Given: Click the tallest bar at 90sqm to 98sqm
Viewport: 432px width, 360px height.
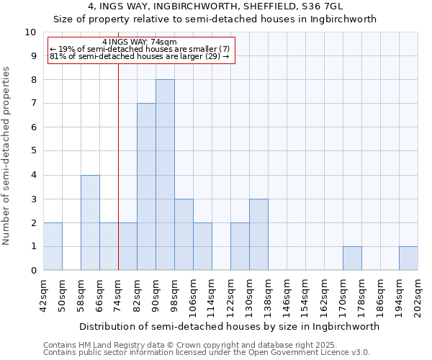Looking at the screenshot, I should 165,175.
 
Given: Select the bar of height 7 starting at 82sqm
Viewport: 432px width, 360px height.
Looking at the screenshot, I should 146,187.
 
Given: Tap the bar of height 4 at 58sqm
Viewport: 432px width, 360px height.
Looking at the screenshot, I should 90,222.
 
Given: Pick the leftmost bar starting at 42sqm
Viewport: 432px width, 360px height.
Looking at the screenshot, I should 53,246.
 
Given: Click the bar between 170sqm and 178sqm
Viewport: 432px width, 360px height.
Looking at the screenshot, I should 352,258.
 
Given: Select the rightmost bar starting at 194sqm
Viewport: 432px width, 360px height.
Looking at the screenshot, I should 408,258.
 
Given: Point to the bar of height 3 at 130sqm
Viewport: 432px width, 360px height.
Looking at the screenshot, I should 258,235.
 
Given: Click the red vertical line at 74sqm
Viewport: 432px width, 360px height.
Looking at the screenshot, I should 118,180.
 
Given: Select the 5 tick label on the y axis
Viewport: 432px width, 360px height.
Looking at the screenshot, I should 32,151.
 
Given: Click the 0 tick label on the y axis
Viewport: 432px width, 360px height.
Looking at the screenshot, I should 32,271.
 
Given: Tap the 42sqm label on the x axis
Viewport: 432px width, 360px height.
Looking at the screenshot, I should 43,293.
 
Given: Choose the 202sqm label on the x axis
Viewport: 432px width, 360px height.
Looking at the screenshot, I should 418,295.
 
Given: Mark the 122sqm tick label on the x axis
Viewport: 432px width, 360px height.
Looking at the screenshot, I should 231,295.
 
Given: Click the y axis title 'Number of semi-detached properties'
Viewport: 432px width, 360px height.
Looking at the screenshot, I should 7,156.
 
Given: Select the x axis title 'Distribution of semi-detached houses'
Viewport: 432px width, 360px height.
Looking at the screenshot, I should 229,326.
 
